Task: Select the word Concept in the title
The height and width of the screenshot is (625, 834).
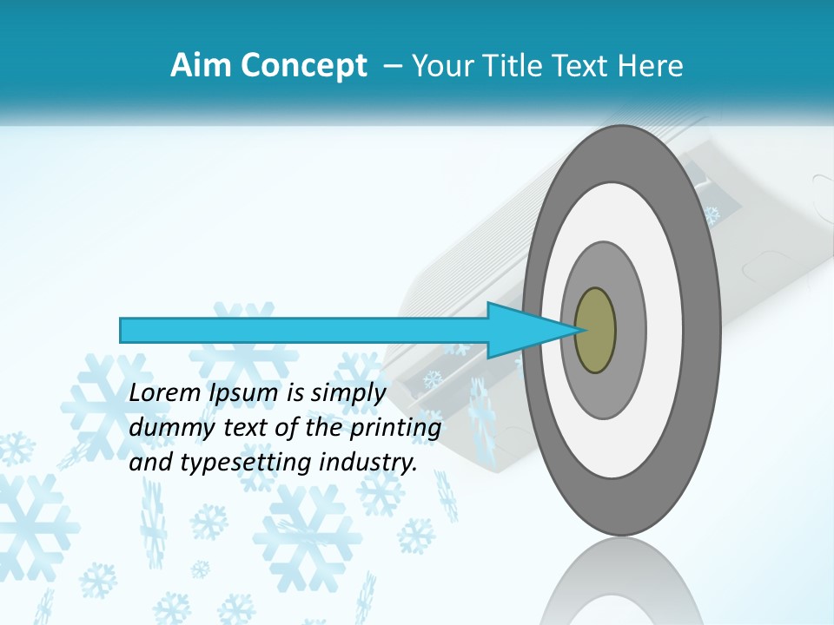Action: [304, 66]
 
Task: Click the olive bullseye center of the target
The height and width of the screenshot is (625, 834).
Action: [595, 330]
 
